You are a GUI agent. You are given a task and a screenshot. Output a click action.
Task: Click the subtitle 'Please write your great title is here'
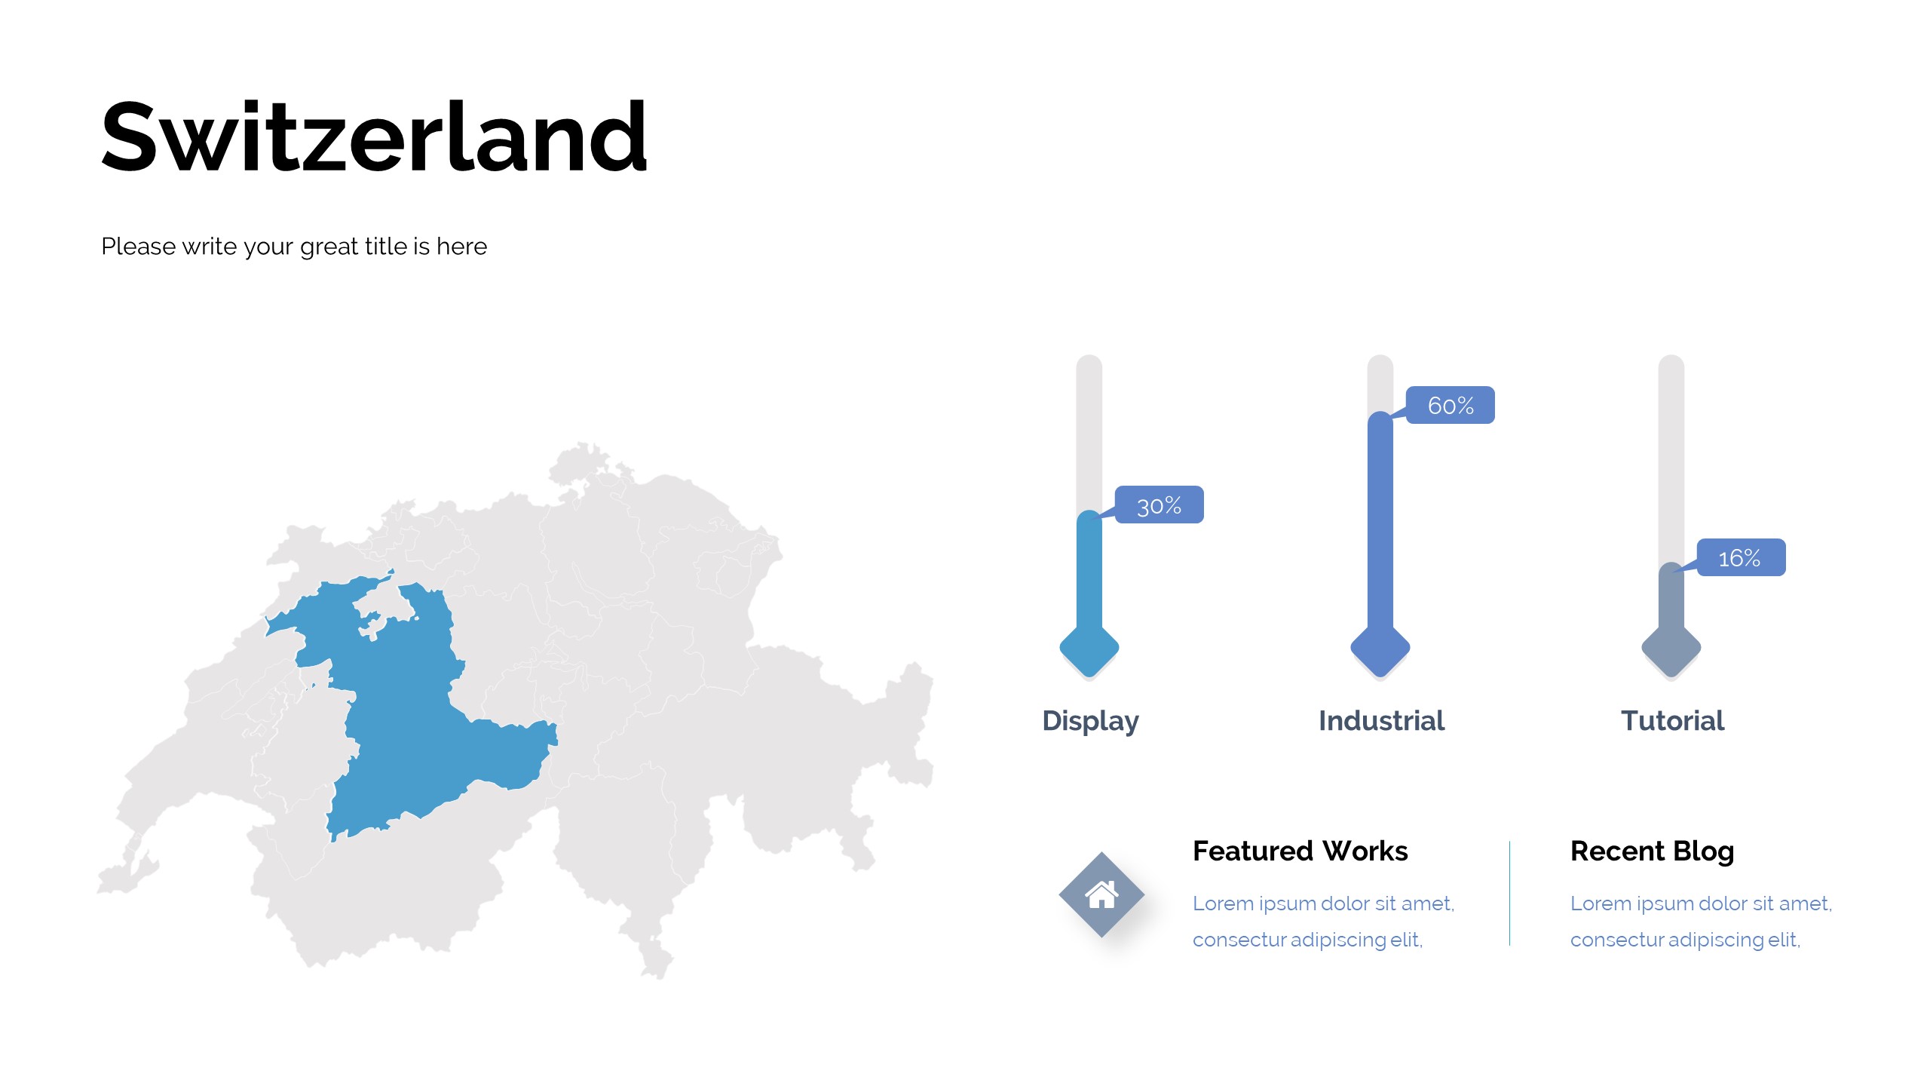[294, 247]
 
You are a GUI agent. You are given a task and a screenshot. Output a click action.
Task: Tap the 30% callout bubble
[1159, 505]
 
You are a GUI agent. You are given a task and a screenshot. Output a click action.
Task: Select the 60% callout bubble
[1450, 405]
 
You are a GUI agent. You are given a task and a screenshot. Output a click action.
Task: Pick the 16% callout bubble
[1741, 557]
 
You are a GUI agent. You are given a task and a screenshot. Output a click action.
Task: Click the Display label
[1090, 721]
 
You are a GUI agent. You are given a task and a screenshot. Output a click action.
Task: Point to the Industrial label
[1381, 721]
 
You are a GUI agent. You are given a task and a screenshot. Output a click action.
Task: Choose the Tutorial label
[1672, 721]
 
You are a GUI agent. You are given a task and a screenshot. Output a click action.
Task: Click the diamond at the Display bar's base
[1089, 648]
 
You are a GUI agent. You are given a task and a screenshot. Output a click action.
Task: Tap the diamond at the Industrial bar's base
[1380, 648]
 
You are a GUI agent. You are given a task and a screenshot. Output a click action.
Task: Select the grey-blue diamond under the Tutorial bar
[1671, 648]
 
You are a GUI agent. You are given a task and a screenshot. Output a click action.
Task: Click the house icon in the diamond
[1101, 894]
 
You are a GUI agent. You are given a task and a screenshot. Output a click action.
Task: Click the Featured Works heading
[1300, 851]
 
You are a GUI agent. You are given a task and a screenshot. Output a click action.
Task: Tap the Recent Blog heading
[1652, 851]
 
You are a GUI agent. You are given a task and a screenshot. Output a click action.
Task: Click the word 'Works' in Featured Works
[1365, 851]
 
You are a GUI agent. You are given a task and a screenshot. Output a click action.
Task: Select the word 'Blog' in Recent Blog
[1703, 851]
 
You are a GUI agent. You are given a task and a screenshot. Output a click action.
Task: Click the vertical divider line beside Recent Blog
[1509, 893]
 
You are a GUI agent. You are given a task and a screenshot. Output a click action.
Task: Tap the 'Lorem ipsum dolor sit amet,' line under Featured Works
[1323, 903]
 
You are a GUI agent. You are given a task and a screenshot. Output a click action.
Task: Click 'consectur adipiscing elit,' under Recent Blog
[1685, 940]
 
